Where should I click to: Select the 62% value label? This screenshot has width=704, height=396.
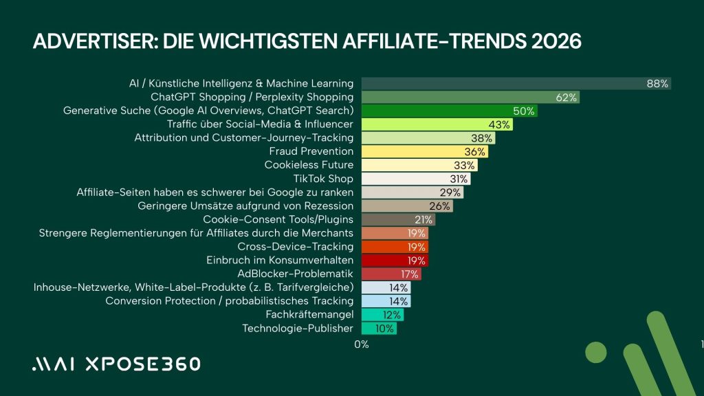[566, 98]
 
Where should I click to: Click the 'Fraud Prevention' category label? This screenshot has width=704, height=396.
[311, 151]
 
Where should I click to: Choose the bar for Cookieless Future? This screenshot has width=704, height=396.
[419, 165]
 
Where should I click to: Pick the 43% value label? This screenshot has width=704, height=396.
[499, 124]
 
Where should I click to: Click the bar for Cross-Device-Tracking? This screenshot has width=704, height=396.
[395, 247]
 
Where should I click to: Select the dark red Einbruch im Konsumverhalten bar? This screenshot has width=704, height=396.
[395, 261]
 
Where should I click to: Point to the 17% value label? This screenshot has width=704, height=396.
[410, 274]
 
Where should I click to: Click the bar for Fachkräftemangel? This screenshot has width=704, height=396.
[382, 315]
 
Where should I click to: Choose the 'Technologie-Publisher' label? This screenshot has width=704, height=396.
[298, 329]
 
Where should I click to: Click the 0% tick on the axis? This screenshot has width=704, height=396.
[362, 344]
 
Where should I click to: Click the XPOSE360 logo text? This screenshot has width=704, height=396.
[142, 364]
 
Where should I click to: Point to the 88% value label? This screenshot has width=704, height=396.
[657, 84]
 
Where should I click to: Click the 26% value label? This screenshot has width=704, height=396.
[440, 206]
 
